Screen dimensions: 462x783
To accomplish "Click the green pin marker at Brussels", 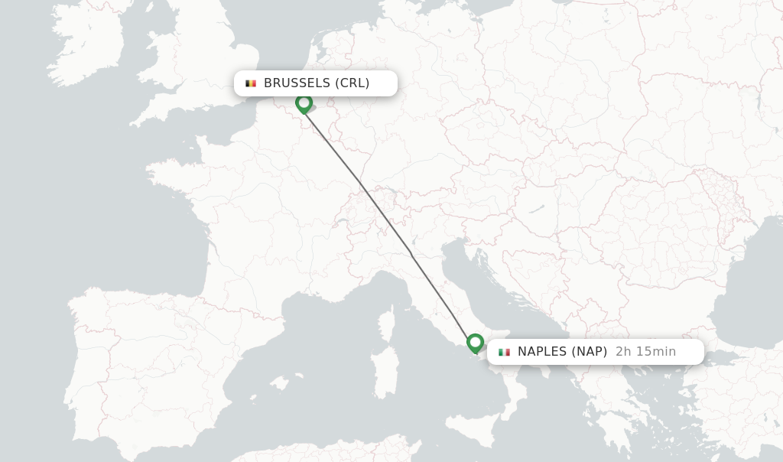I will [304, 102].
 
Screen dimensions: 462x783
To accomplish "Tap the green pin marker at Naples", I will [475, 342].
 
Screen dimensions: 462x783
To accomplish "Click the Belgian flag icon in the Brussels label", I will [251, 83].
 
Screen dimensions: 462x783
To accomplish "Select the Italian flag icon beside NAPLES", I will [504, 352].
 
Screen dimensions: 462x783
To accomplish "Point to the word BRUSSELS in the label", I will [297, 83].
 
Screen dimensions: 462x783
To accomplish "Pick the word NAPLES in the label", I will [542, 352].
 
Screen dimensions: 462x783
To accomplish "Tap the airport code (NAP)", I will [589, 352].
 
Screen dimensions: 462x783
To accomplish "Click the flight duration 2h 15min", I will [645, 352].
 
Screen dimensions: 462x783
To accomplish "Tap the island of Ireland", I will [84, 46].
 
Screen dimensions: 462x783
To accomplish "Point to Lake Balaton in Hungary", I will [535, 208].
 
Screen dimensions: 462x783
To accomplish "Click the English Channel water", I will [206, 126].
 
